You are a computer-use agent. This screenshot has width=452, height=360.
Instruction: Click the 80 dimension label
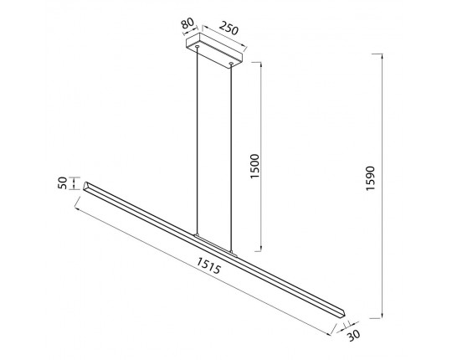coord(187,23)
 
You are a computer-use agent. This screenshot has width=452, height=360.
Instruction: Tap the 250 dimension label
coord(229,28)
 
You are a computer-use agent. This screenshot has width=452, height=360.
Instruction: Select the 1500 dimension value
coord(254,167)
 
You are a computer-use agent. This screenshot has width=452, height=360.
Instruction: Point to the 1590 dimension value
coord(370,178)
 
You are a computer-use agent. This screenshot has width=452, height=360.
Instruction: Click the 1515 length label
coord(209,265)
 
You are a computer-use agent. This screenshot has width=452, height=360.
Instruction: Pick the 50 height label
coord(63,183)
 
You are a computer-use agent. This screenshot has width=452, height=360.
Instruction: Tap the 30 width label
coord(353,335)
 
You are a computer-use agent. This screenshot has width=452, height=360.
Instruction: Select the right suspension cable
coord(231,158)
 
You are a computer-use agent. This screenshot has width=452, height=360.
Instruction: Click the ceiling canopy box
coord(214,51)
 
